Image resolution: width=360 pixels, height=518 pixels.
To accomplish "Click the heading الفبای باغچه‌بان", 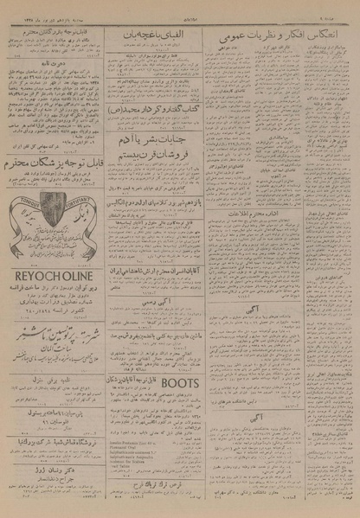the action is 156,35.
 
